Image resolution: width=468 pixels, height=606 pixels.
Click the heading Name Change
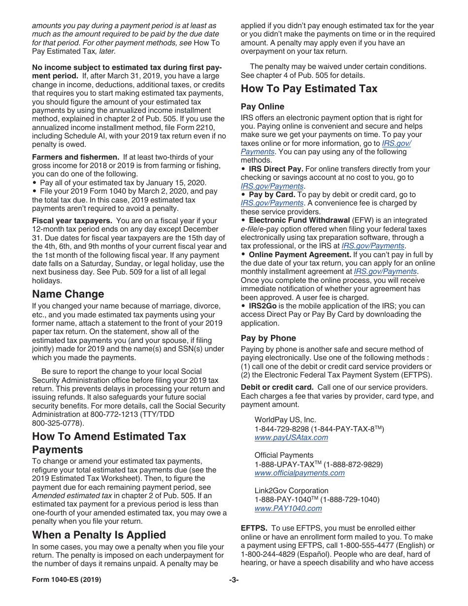point(68,294)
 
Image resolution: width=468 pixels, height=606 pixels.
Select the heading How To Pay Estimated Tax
point(309,89)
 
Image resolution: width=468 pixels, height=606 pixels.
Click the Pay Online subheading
point(262,106)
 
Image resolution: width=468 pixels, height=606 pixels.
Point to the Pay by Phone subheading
point(268,338)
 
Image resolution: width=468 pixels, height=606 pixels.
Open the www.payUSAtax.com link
point(291,438)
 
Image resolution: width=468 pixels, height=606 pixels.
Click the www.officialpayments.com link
point(299,473)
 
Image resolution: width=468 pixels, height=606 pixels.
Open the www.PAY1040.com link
point(288,508)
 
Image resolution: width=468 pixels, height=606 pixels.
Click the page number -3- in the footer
point(234,580)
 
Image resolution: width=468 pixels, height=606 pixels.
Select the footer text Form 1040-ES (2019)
point(67,580)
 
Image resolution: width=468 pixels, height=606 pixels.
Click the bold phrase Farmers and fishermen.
point(75,157)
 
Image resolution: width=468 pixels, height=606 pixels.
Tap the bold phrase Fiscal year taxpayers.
point(72,221)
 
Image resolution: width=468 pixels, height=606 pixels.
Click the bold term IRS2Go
point(262,306)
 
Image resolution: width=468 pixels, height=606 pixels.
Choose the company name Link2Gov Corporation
point(291,491)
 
